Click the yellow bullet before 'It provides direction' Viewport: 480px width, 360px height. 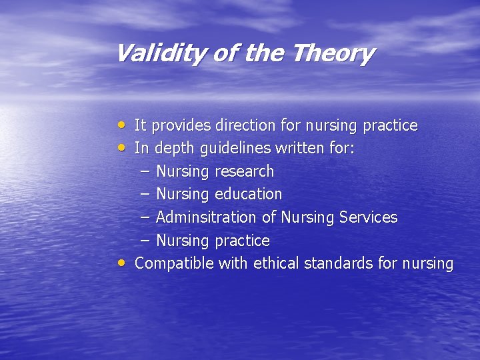coord(120,125)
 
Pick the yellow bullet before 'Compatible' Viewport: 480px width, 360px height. coord(120,263)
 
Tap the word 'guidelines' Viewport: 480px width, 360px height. coord(219,149)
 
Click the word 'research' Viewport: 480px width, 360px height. coord(244,171)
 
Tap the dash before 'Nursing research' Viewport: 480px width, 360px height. coord(145,171)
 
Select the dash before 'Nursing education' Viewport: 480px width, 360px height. coord(145,194)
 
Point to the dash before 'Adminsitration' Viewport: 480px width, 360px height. coord(145,217)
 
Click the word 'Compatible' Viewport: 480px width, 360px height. coord(175,263)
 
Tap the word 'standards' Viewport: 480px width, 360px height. coord(339,263)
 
